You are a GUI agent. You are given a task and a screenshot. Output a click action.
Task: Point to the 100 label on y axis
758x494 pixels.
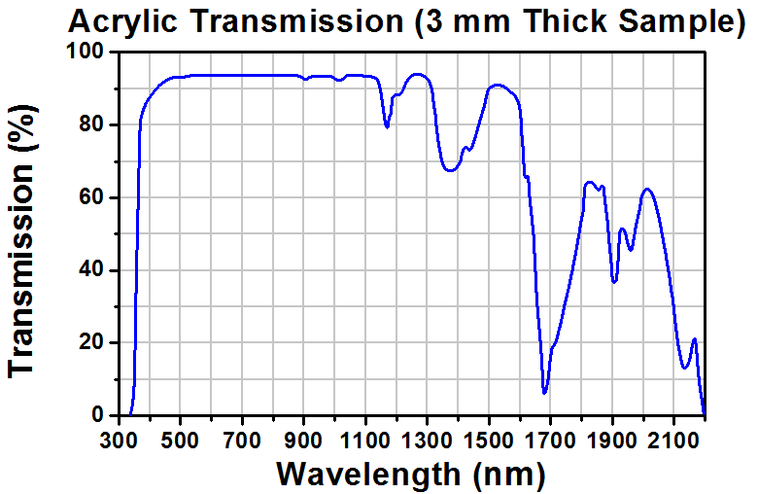(x=86, y=53)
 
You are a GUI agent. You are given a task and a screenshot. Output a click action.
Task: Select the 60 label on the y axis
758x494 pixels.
(x=91, y=197)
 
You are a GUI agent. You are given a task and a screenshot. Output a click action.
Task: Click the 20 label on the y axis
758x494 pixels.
(x=91, y=342)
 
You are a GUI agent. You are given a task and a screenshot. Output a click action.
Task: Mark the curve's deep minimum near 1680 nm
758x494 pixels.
(x=544, y=392)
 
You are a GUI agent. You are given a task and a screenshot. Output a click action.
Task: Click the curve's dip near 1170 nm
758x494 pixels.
(x=387, y=126)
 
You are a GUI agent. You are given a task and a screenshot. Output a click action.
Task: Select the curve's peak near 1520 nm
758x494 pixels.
(x=497, y=86)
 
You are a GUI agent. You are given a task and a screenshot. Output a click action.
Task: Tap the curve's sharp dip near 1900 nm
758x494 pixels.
(x=614, y=282)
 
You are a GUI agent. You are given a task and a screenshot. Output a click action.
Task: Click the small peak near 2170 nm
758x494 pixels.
(x=694, y=339)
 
